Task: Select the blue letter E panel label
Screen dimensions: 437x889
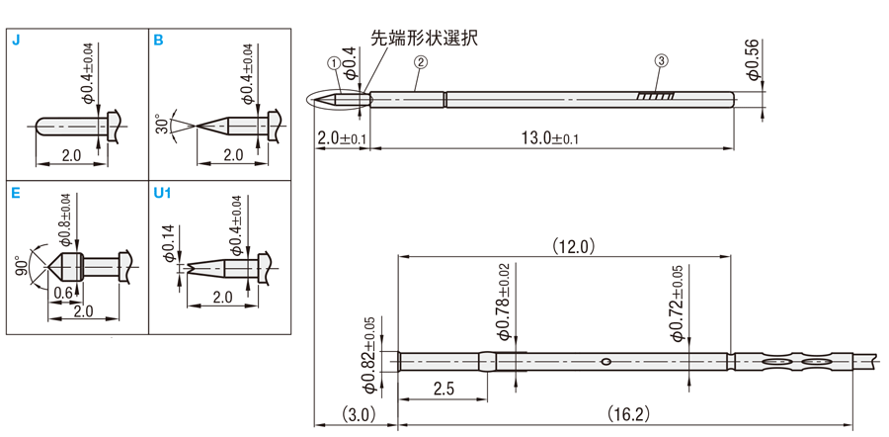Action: pyautogui.click(x=15, y=193)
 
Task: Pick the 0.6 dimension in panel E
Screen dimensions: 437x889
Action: pyautogui.click(x=62, y=293)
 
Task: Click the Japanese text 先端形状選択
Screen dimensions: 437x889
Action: pyautogui.click(x=422, y=39)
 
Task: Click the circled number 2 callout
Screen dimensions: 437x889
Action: pyautogui.click(x=421, y=62)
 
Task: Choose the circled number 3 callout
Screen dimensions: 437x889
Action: pyautogui.click(x=661, y=62)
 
